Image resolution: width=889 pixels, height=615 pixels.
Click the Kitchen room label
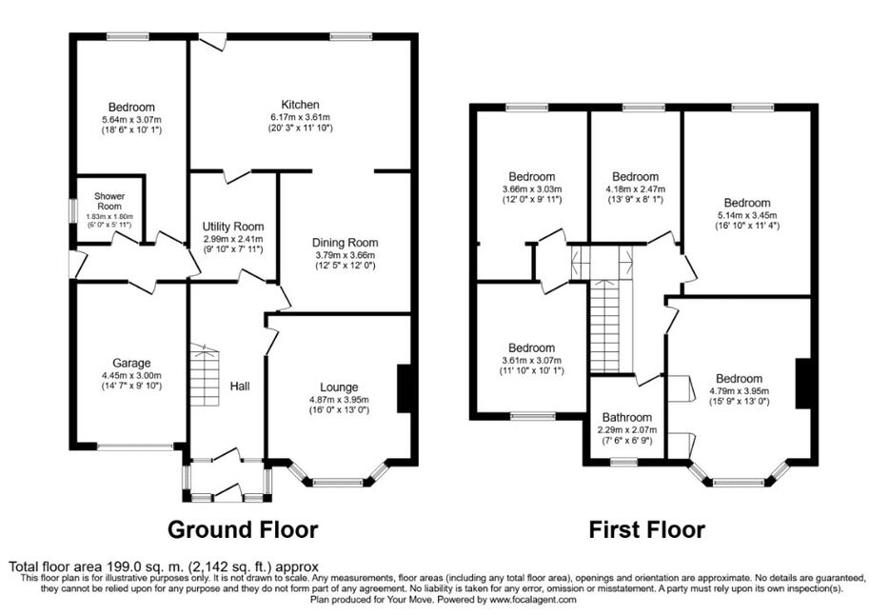tap(301, 105)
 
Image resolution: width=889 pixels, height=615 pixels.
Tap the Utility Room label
tap(233, 228)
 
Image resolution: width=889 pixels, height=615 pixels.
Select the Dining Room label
tap(345, 243)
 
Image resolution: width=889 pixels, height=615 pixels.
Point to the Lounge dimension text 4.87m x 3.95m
tap(339, 399)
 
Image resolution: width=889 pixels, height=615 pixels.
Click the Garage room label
tap(131, 364)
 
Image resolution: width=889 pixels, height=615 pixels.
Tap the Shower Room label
tap(109, 201)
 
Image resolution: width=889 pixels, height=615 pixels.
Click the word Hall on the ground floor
tap(240, 387)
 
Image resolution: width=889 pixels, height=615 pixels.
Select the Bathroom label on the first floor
tap(627, 418)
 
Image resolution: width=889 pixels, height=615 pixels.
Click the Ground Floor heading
tap(243, 529)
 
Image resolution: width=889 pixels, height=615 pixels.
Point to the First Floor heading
tap(647, 529)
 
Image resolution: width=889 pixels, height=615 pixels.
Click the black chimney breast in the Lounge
tap(404, 388)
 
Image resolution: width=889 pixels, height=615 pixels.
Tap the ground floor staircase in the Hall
tap(204, 375)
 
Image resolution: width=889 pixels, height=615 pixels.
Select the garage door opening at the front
tap(135, 446)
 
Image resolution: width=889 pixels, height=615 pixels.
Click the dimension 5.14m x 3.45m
tap(746, 215)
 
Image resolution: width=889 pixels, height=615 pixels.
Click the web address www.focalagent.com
tap(533, 600)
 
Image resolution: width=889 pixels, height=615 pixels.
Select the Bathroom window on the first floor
tap(623, 463)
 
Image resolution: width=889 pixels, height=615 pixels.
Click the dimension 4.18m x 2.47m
tap(635, 189)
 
